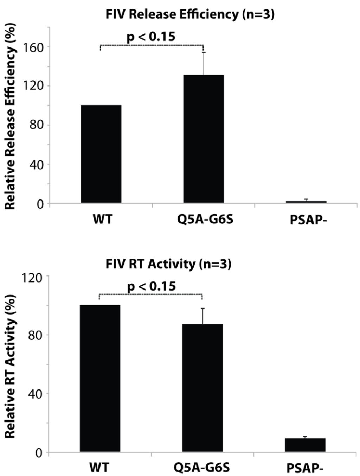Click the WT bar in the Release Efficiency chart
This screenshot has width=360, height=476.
[101, 154]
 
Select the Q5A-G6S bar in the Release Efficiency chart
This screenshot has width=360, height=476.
[204, 139]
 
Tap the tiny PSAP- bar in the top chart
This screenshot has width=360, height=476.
[306, 202]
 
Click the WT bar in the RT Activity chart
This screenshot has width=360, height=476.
[100, 378]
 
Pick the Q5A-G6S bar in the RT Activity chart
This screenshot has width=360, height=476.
[202, 388]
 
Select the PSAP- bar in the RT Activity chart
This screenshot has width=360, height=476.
[305, 445]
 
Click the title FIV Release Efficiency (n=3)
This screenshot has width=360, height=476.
[190, 14]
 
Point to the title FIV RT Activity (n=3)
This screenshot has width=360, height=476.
[168, 264]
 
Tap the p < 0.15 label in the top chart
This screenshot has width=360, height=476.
[151, 36]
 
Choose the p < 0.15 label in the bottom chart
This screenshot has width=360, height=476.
[151, 286]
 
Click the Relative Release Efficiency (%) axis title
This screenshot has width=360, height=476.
[11, 116]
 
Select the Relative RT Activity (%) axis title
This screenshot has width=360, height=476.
[11, 366]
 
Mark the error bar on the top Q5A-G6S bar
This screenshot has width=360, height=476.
[204, 63]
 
